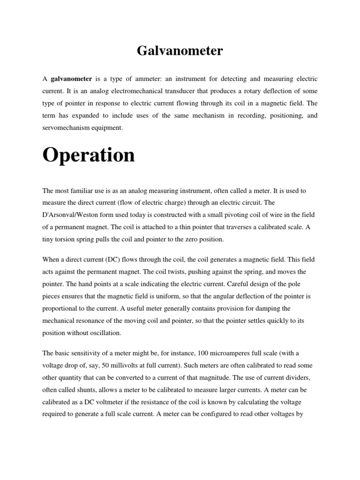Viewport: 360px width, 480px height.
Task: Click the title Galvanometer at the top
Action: [180, 51]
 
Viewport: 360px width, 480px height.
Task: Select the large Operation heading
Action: [89, 155]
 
